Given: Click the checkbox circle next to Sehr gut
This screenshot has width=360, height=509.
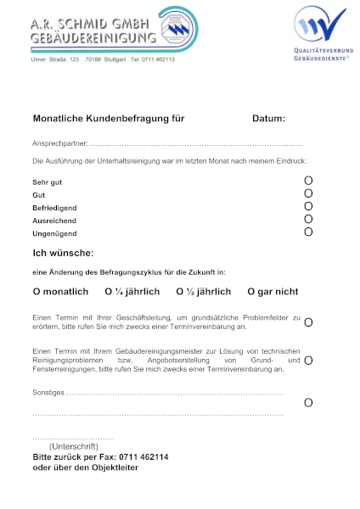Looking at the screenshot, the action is coord(308,181).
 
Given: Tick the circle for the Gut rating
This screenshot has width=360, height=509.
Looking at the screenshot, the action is coord(308,193).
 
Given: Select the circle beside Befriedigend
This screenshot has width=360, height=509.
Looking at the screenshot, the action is coord(308,206).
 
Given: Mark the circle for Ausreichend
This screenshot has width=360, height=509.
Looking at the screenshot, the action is coord(308,219).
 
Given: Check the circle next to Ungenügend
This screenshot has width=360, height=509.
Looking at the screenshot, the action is coord(308,232).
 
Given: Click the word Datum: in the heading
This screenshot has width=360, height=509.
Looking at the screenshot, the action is coord(268,119).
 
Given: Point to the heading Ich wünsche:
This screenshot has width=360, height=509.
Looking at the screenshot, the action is coord(63,253).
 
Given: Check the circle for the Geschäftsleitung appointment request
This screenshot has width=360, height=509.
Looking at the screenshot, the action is coord(308,322).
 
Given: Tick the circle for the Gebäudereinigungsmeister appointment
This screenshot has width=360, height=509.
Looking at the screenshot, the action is coord(308,361).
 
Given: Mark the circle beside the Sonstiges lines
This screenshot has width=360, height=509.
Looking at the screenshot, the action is coord(308,402).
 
